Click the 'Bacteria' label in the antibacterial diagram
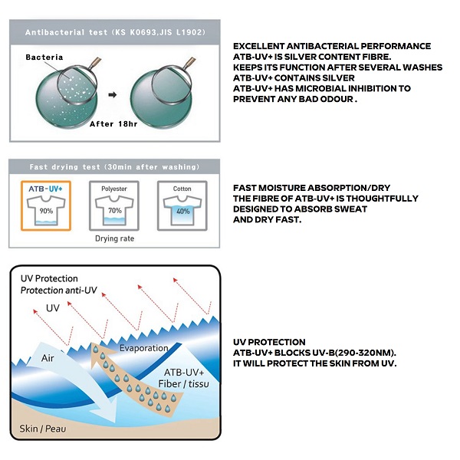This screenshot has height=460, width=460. point(45,57)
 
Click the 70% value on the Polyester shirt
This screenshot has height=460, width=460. point(114,209)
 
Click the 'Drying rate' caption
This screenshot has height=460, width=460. point(115,238)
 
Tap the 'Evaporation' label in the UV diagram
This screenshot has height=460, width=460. point(143,348)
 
